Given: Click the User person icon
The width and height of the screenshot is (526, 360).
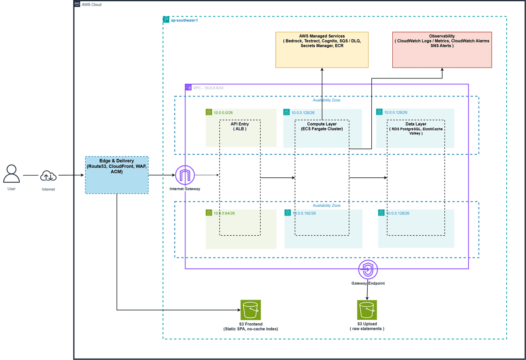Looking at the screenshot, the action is click(11, 173).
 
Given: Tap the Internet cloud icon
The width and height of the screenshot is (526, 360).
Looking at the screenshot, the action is click(48, 176).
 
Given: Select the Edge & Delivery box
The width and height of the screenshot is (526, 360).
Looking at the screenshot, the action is click(117, 175).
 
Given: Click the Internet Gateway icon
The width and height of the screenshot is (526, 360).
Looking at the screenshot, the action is click(185, 175).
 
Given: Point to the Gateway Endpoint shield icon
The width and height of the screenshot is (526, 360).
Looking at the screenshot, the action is click(368, 270).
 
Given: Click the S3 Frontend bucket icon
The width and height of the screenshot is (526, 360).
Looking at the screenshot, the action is click(251, 310).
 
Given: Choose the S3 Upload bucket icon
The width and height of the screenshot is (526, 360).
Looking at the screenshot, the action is click(367, 310).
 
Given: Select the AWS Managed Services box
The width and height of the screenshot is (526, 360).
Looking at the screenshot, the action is click(322, 50).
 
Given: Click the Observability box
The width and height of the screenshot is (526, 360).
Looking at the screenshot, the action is click(442, 50).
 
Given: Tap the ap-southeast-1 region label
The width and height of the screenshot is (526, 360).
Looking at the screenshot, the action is click(185, 20).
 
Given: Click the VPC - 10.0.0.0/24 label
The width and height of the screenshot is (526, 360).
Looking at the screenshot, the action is click(208, 88).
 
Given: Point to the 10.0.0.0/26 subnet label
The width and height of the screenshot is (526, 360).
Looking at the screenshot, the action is click(223, 113).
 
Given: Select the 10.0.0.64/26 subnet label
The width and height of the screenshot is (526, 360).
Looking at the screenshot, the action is click(224, 213).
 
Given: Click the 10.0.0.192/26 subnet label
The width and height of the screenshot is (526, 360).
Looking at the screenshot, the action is click(304, 213).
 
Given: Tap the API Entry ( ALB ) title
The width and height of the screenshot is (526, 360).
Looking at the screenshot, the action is click(240, 126).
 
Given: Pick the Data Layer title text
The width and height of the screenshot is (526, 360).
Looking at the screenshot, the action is click(416, 124).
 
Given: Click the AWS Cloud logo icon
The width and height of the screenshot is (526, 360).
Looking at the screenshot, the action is click(77, 4).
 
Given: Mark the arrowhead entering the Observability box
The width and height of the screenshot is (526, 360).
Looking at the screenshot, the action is click(442, 69).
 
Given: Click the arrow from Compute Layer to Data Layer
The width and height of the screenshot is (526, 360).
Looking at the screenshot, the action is click(368, 178).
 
